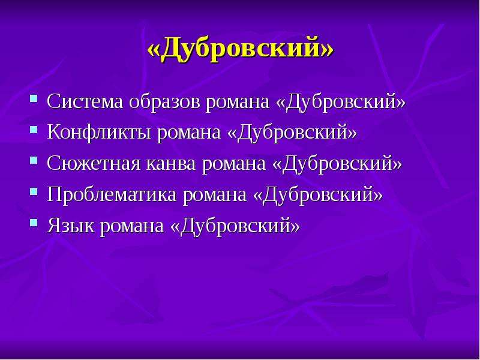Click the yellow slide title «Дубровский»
click(241, 49)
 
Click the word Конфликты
click(99, 132)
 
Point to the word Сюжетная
click(94, 163)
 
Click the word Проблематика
click(112, 194)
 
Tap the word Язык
click(70, 226)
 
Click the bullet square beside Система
click(34, 98)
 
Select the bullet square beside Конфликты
click(34, 130)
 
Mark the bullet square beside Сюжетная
click(34, 160)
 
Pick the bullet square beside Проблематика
click(34, 191)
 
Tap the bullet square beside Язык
click(34, 223)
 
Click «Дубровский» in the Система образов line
click(341, 101)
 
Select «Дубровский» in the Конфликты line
click(292, 133)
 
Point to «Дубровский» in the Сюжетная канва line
click(337, 164)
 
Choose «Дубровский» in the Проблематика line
click(318, 195)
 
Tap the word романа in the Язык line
click(132, 227)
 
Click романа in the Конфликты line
click(189, 134)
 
